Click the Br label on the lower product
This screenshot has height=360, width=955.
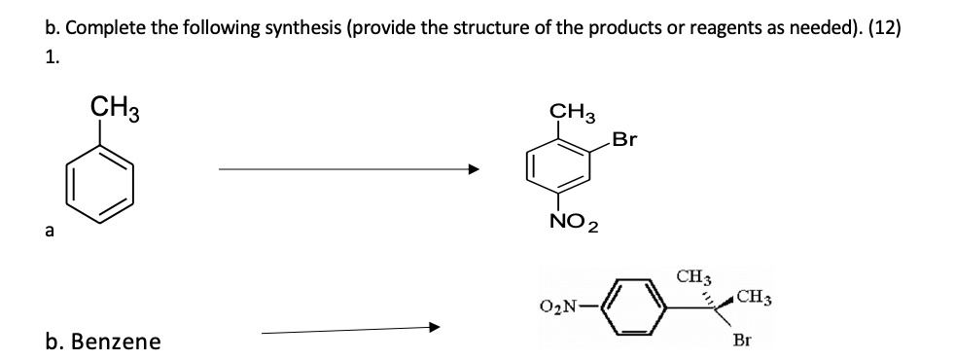pos(742,342)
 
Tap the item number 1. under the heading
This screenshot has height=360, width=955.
pos(52,58)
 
